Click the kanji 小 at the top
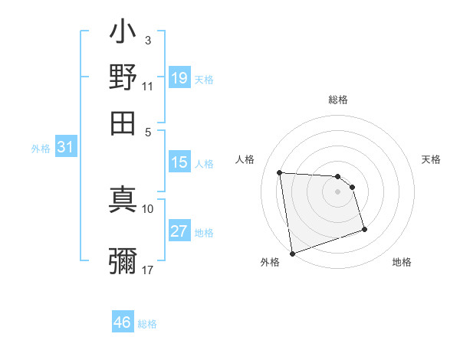pyautogui.click(x=123, y=35)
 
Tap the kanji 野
pyautogui.click(x=123, y=77)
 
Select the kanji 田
pyautogui.click(x=123, y=121)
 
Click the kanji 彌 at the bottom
pyautogui.click(x=123, y=260)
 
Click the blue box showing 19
pyautogui.click(x=179, y=78)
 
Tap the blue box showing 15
pyautogui.click(x=179, y=162)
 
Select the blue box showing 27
pyautogui.click(x=179, y=231)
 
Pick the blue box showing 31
pyautogui.click(x=65, y=148)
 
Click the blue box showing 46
pyautogui.click(x=123, y=322)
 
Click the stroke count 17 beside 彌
pyautogui.click(x=148, y=270)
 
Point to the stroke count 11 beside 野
pyautogui.click(x=148, y=87)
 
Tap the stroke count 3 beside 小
pyautogui.click(x=148, y=40)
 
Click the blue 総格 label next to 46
pyautogui.click(x=147, y=324)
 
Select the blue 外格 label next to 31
pyautogui.click(x=41, y=149)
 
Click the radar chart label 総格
pyautogui.click(x=338, y=100)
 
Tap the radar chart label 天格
pyautogui.click(x=431, y=159)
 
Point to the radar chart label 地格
pyautogui.click(x=402, y=263)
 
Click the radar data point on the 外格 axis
pyautogui.click(x=292, y=254)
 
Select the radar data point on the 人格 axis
pyautogui.click(x=280, y=172)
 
